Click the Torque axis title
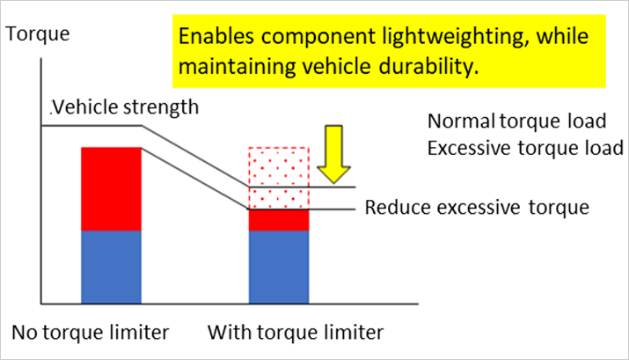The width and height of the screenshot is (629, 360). click(38, 33)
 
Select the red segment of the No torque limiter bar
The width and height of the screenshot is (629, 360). click(111, 189)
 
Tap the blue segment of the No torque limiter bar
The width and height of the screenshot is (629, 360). click(111, 268)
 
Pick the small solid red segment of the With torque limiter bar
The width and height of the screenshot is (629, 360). click(279, 220)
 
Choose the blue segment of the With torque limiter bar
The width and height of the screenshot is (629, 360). click(279, 268)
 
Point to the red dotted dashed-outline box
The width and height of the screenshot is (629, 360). click(279, 178)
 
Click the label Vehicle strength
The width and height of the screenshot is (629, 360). click(125, 107)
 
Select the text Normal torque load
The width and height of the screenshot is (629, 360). click(516, 121)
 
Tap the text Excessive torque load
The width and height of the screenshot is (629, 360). click(525, 148)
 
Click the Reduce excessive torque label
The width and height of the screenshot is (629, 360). click(477, 208)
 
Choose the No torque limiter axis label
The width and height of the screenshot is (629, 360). click(91, 333)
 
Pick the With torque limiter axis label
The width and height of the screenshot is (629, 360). click(296, 333)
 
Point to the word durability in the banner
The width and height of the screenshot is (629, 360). click(428, 66)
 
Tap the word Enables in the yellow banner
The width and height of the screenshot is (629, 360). click(216, 36)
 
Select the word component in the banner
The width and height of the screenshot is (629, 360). click(318, 38)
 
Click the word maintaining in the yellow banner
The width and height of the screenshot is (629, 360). click(237, 67)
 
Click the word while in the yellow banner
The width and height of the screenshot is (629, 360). click(562, 36)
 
